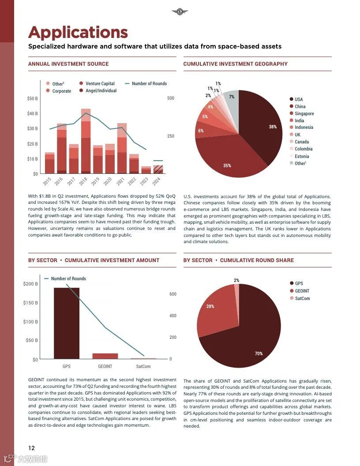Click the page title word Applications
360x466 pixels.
[78, 32]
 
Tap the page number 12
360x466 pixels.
[31, 447]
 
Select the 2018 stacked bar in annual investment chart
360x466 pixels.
[86, 141]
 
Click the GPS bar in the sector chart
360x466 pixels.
[67, 323]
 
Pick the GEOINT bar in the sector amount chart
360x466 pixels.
[105, 356]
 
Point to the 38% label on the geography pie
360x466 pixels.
[273, 127]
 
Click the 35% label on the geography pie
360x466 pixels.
[227, 165]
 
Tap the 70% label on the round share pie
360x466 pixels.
[259, 353]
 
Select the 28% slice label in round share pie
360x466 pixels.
[210, 306]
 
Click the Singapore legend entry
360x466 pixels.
[304, 113]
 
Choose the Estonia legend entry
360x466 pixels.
[302, 156]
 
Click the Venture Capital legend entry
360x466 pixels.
[100, 83]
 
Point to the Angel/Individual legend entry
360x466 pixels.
[101, 91]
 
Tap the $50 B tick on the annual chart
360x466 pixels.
[33, 98]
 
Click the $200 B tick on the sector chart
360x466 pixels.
[31, 284]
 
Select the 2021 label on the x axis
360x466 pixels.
[120, 181]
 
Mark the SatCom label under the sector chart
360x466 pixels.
[143, 366]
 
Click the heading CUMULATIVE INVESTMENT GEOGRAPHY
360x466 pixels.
[235, 64]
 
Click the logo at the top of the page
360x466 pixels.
[180, 12]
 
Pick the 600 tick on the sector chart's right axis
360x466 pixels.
[173, 294]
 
